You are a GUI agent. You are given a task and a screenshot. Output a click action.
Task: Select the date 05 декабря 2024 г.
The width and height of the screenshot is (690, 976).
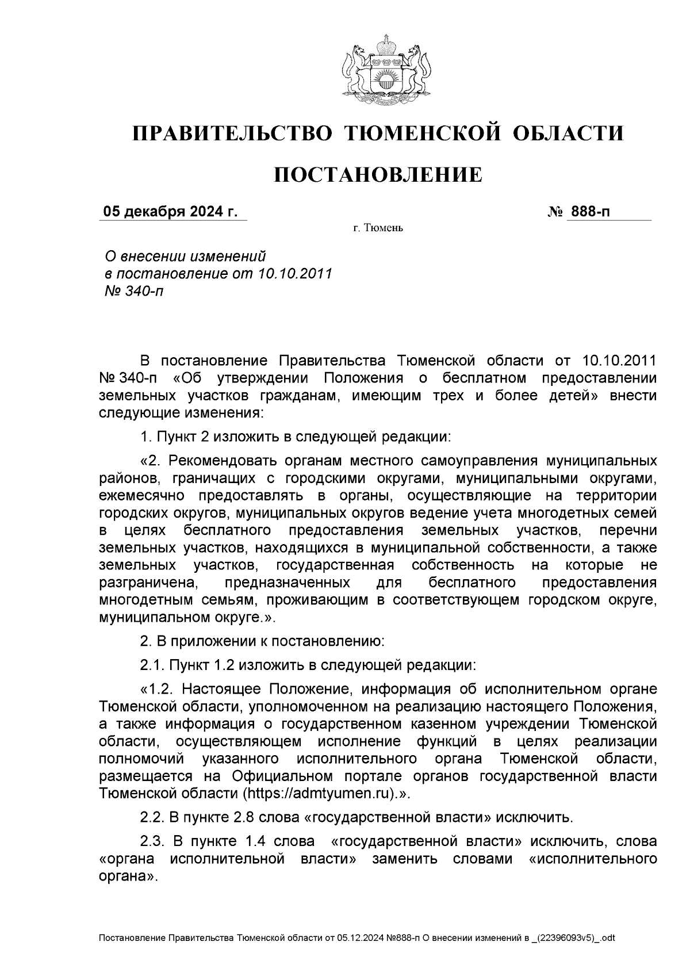click(x=170, y=212)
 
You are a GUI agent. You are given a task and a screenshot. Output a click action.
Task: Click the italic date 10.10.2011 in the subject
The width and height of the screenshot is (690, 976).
click(x=296, y=273)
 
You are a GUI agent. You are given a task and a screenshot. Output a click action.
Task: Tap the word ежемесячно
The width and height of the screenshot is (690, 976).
click(x=143, y=495)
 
